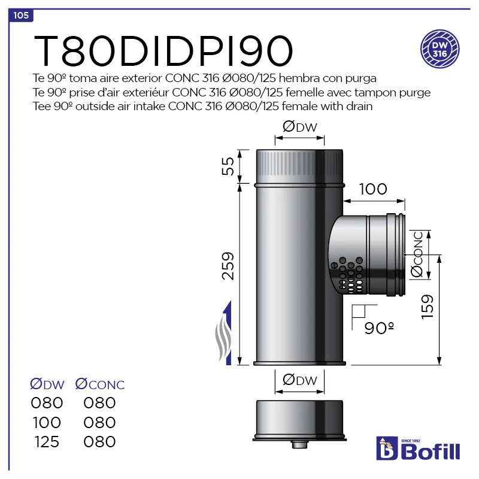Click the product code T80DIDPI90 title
click(163, 51)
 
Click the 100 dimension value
click(373, 189)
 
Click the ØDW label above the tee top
click(299, 126)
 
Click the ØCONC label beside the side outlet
click(418, 254)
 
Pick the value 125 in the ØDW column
click(47, 442)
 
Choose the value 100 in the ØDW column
click(47, 422)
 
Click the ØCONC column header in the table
click(99, 384)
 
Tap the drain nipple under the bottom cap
click(298, 445)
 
